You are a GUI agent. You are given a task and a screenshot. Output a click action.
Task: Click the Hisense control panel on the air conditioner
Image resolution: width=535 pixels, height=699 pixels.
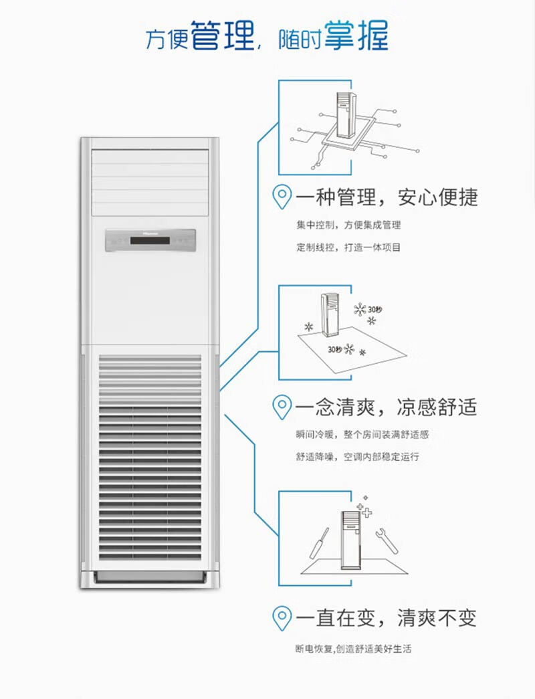point(150,241)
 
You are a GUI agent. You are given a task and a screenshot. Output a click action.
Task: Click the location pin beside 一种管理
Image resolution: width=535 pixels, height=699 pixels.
point(284,198)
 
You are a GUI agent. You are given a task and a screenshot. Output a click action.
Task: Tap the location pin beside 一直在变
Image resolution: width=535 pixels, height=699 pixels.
point(284,617)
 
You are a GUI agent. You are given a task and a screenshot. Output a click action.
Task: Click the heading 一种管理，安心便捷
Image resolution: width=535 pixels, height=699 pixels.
point(387,198)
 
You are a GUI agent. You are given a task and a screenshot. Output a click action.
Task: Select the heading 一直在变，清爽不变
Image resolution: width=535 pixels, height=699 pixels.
point(387,617)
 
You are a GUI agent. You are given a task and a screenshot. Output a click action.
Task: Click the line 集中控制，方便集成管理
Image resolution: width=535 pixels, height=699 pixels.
point(348,225)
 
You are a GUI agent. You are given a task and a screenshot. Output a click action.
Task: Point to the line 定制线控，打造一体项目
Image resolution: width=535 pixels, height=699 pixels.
point(348,247)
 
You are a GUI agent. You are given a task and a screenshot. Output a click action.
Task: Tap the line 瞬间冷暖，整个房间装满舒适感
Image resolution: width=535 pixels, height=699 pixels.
point(362,434)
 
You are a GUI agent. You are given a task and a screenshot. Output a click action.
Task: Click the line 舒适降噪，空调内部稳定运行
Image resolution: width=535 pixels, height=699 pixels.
point(357,457)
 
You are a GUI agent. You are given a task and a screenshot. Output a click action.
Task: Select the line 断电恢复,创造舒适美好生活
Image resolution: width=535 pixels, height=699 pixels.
point(357,649)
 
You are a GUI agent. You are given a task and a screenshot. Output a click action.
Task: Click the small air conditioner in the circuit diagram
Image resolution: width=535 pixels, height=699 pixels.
point(346,115)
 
